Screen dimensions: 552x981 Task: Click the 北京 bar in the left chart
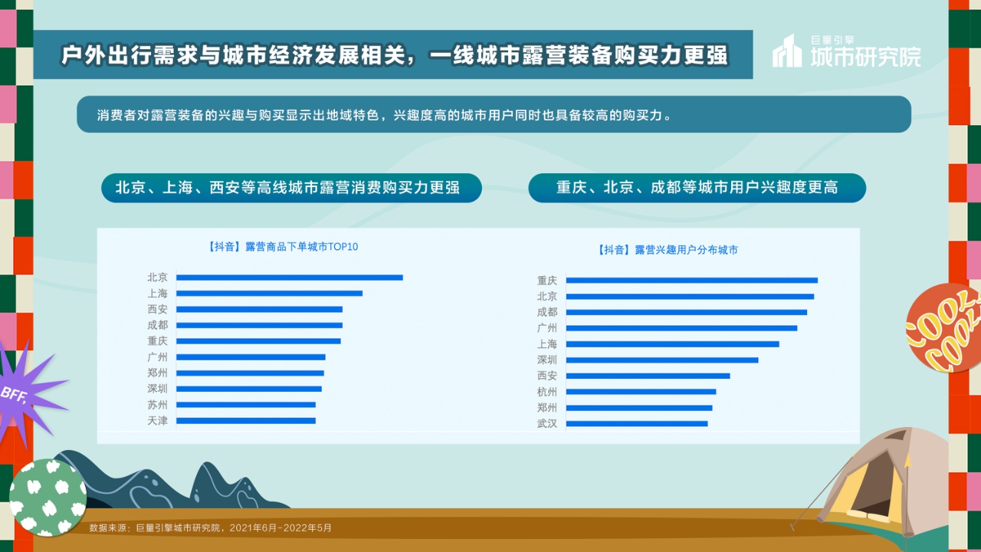[289, 278]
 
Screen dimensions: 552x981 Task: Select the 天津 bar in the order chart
[245, 420]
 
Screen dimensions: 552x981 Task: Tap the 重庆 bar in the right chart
[691, 281]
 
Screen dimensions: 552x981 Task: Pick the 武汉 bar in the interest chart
[636, 423]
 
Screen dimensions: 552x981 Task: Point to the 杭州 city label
[547, 392]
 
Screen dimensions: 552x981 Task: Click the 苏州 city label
[157, 405]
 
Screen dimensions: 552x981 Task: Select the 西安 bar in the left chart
[259, 309]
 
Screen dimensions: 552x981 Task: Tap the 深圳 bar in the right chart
[661, 360]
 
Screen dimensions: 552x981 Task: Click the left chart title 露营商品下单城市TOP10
[282, 247]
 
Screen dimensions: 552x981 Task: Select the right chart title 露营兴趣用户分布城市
[667, 250]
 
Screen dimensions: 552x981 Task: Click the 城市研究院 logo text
[866, 55]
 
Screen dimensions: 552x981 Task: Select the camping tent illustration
[889, 483]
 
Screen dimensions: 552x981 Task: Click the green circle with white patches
[48, 497]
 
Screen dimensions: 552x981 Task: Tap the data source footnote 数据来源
[210, 527]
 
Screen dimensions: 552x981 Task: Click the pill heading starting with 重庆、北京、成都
[697, 188]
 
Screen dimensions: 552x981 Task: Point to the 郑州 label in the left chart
[157, 373]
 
